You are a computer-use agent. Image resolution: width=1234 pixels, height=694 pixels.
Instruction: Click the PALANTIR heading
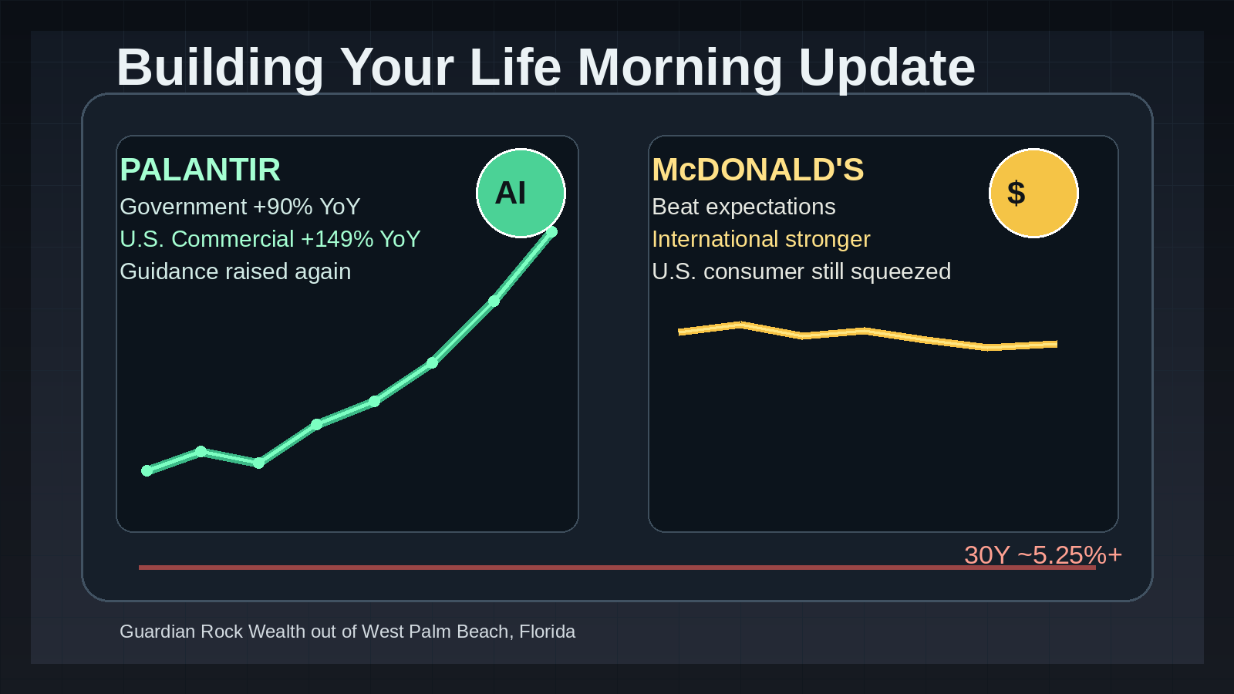pyautogui.click(x=200, y=170)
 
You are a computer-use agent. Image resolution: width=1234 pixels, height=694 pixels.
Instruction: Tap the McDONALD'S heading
pyautogui.click(x=758, y=170)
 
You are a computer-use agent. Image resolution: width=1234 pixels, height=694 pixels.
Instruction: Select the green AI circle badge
pyautogui.click(x=521, y=194)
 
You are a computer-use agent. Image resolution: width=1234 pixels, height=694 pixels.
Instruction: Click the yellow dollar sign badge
pyautogui.click(x=1033, y=194)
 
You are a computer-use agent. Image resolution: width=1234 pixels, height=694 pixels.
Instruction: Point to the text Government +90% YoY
pyautogui.click(x=240, y=207)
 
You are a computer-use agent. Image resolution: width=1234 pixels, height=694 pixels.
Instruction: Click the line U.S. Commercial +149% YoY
pyautogui.click(x=270, y=240)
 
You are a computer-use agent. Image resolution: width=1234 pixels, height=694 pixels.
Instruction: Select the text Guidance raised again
pyautogui.click(x=235, y=271)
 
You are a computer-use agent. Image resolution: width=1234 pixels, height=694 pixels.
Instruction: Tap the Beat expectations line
pyautogui.click(x=743, y=207)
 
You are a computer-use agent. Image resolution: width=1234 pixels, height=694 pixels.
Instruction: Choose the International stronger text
pyautogui.click(x=760, y=240)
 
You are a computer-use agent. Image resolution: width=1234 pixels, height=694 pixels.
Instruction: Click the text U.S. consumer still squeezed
pyautogui.click(x=801, y=271)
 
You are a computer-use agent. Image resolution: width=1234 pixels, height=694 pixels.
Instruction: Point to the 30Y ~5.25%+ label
pyautogui.click(x=1043, y=555)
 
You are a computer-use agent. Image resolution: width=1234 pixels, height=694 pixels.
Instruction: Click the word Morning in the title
pyautogui.click(x=679, y=69)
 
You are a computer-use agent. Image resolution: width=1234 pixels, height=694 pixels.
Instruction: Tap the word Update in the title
pyautogui.click(x=887, y=69)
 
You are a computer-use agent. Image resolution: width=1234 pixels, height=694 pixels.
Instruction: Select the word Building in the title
pyautogui.click(x=220, y=69)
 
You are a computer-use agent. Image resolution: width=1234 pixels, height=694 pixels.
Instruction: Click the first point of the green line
pyautogui.click(x=147, y=470)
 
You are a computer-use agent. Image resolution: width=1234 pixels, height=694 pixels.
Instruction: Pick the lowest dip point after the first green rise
pyautogui.click(x=258, y=463)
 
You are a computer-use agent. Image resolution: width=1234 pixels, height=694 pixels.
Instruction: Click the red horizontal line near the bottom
pyautogui.click(x=617, y=568)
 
